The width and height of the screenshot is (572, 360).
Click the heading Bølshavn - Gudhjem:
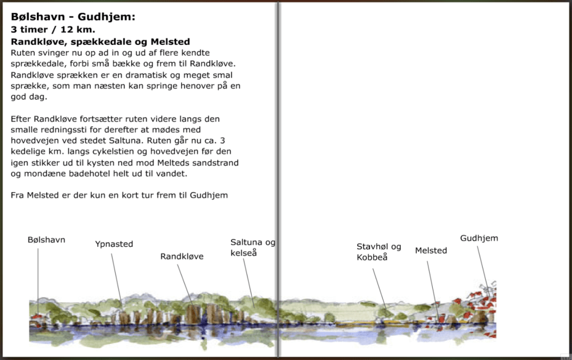coord(73,17)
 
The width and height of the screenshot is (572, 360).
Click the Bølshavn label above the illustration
coord(46,240)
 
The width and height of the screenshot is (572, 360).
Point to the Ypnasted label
coord(114,244)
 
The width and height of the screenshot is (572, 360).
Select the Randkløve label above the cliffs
coord(182,257)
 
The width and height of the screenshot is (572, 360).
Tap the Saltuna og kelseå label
coord(252,248)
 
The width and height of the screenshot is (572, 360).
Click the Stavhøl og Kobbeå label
coord(379,252)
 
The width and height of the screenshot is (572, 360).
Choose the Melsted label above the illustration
coord(431,250)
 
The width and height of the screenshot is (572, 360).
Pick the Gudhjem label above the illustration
coord(479,238)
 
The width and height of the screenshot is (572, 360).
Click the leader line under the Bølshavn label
coord(38,277)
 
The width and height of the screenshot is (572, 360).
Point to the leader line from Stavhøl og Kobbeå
coord(379,286)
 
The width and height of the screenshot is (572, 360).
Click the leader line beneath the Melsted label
coord(433,286)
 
